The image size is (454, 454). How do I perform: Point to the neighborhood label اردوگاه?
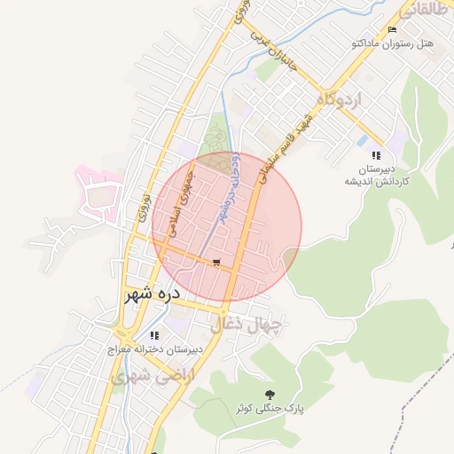click(x=333, y=99)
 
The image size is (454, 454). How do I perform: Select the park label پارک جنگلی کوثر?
click(x=270, y=409)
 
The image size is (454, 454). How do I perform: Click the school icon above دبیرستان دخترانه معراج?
click(x=155, y=335)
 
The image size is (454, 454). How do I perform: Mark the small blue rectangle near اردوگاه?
click(x=362, y=140)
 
